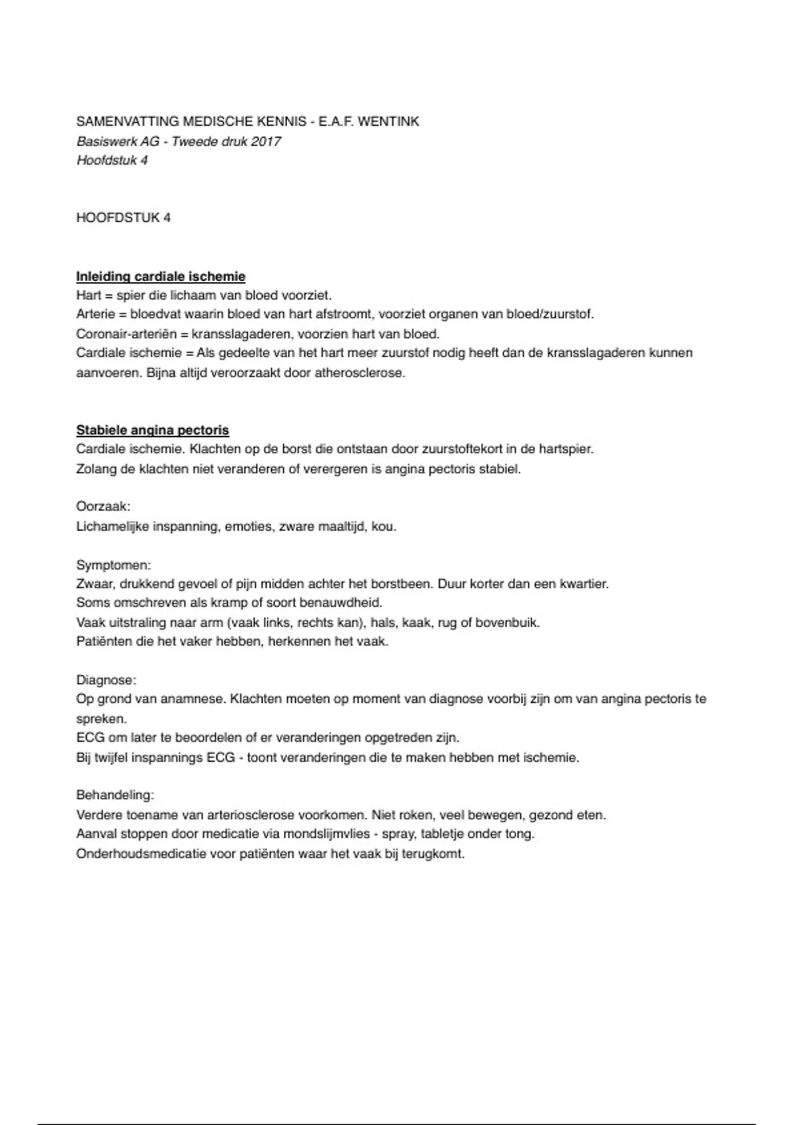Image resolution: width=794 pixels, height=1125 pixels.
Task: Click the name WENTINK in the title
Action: coord(388,122)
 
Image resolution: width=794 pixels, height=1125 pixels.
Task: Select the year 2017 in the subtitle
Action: coord(266,142)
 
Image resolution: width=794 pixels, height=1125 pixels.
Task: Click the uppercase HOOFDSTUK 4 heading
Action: coord(123,218)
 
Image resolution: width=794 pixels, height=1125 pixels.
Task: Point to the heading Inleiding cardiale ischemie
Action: coord(161,277)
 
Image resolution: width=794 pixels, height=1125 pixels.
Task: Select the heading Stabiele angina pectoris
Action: coord(153,430)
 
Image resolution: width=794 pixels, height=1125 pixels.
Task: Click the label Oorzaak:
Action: coord(103,507)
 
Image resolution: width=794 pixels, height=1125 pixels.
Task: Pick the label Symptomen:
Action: coord(114,565)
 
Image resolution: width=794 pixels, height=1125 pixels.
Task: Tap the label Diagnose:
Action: coord(106,680)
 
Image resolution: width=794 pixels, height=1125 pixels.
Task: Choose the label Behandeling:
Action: coord(115,795)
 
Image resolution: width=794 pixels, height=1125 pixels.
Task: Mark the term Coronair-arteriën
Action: coord(126,334)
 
